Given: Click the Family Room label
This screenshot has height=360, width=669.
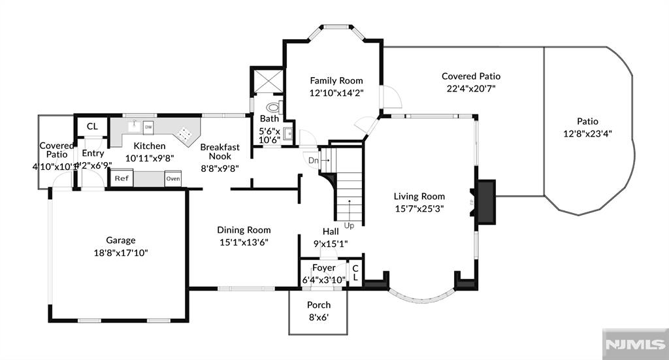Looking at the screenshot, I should [336, 80].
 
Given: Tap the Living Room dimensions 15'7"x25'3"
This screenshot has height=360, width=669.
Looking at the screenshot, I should [419, 208].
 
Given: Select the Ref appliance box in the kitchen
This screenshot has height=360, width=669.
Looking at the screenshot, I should [122, 178].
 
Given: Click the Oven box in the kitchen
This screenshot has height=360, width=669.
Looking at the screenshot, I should [172, 178].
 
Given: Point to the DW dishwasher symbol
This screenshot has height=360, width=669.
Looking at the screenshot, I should [148, 127].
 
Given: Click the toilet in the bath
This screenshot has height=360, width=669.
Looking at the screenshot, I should [273, 108].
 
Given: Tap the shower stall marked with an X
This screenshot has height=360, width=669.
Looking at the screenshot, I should [267, 81].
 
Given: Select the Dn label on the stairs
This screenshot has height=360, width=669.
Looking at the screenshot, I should [314, 160].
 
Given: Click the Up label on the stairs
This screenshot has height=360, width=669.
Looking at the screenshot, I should [349, 226].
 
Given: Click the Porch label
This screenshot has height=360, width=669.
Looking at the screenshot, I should [319, 305].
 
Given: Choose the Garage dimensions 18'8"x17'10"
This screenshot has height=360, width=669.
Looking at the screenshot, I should [121, 252].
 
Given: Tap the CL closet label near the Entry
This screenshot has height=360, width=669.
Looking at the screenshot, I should [92, 126].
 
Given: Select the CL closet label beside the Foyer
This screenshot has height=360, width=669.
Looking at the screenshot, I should [356, 272].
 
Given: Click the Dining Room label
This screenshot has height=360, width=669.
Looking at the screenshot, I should [244, 230].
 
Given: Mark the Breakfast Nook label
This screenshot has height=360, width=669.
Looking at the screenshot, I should [220, 152].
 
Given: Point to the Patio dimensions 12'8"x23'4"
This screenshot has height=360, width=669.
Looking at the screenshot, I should [587, 133].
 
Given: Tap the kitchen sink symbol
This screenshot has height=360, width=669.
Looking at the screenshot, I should [134, 124].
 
